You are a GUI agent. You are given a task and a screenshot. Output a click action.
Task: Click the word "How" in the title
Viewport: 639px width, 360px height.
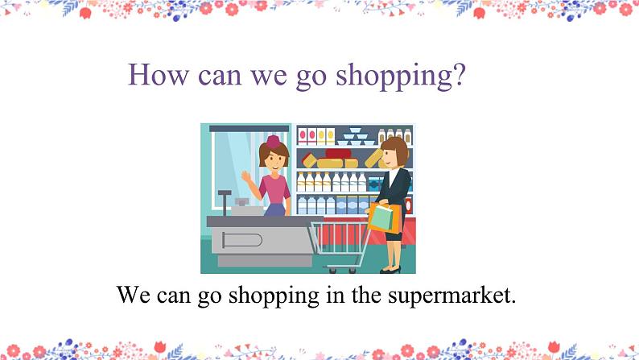[158, 75]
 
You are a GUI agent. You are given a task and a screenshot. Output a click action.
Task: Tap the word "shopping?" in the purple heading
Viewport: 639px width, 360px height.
[400, 77]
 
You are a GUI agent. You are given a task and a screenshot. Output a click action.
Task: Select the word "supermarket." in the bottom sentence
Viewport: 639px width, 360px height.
[451, 296]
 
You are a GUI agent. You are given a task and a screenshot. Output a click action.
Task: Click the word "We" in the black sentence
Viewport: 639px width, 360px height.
[133, 294]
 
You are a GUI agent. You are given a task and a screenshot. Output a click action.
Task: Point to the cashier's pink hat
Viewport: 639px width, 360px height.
[273, 142]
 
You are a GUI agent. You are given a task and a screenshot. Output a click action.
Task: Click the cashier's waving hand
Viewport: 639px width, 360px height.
[246, 176]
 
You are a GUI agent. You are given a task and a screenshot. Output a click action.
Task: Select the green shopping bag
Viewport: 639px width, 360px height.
[381, 218]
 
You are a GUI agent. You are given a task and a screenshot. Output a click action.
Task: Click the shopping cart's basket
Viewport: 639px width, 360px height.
[341, 238]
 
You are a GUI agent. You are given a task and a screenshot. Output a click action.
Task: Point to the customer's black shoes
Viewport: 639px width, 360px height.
[390, 270]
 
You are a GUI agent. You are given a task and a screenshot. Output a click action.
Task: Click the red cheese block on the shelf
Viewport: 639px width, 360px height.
[338, 153]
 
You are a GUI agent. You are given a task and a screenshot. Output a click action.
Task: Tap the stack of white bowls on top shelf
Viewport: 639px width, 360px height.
[356, 137]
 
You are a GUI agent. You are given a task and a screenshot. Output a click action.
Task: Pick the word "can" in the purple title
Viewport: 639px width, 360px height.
[220, 76]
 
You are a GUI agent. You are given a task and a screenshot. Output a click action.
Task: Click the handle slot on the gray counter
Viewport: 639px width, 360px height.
[241, 240]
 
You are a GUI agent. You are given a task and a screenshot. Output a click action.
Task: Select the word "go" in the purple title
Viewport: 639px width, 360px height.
[311, 77]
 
